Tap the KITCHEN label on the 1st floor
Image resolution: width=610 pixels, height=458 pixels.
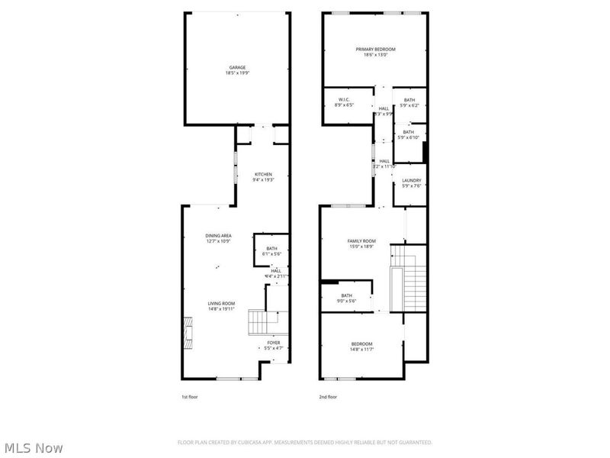(263, 175)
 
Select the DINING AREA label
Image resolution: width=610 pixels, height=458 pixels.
(218, 235)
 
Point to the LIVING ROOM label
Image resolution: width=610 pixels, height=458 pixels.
(221, 304)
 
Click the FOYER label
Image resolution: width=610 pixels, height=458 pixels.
(273, 343)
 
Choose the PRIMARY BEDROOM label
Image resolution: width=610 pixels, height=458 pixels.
(375, 49)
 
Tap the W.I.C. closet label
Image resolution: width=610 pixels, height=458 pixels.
(343, 100)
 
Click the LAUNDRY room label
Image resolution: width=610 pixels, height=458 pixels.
(411, 181)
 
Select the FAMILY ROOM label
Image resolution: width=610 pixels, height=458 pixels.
(362, 240)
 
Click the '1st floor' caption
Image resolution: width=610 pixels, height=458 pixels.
(189, 397)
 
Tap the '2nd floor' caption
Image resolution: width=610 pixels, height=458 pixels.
(328, 397)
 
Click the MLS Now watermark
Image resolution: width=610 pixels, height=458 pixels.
(34, 448)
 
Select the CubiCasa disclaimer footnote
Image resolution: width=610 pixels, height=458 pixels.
(305, 442)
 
